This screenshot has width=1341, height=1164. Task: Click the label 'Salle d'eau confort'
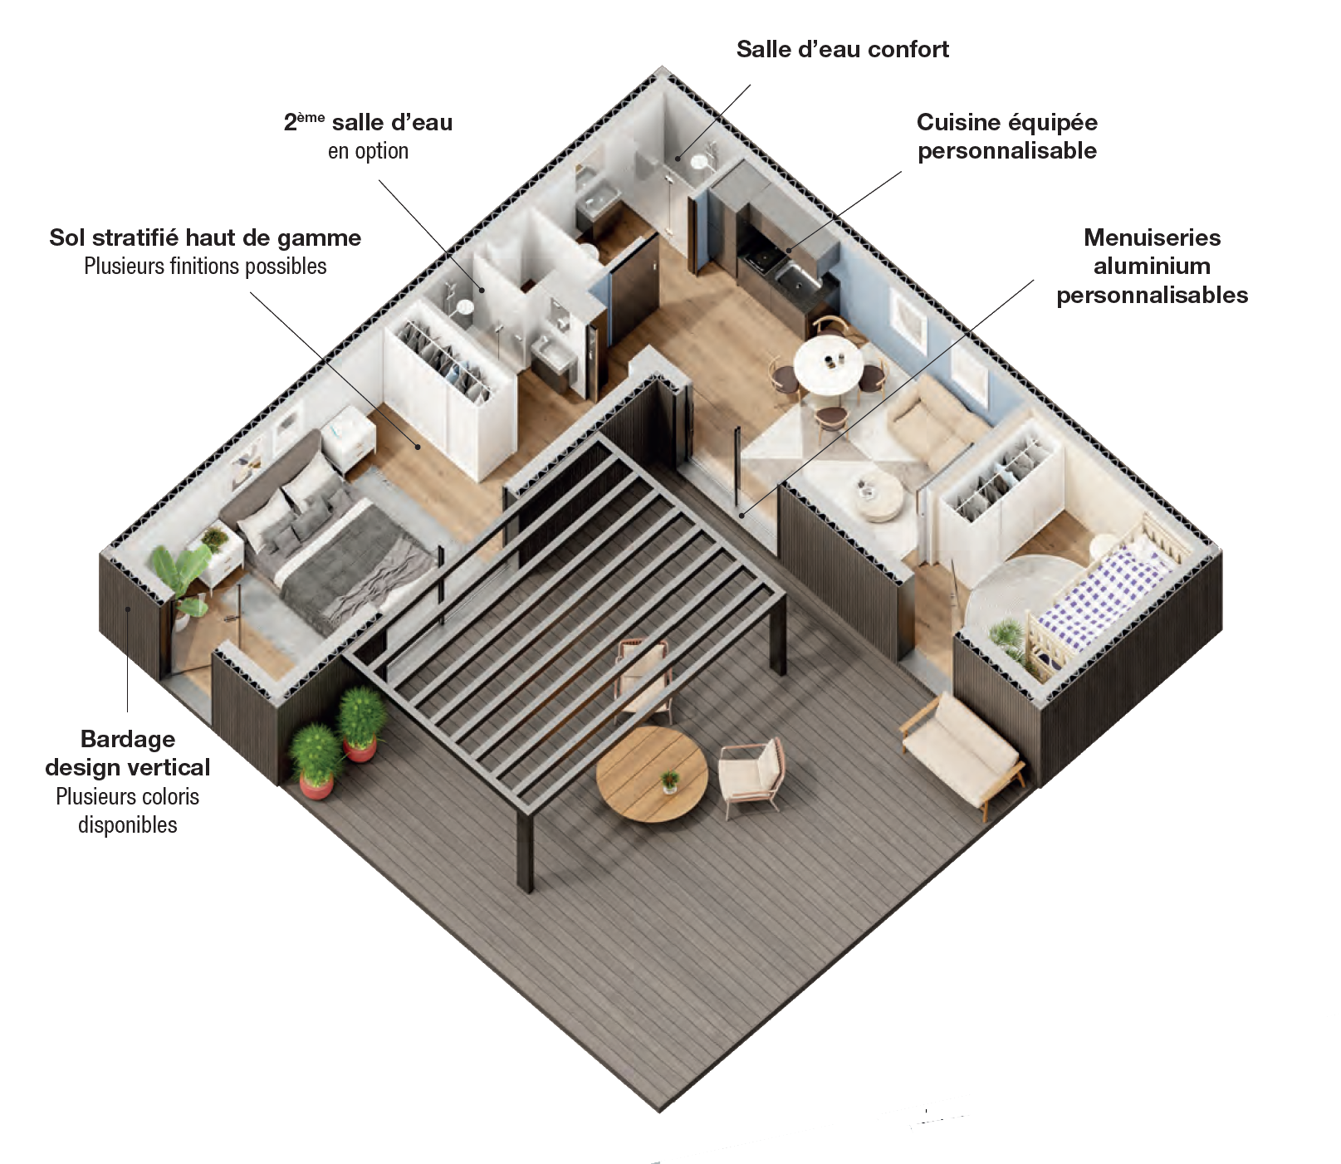click(x=842, y=50)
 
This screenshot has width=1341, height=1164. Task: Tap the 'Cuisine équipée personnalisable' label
click(x=1006, y=136)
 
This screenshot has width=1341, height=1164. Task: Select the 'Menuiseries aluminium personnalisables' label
click(x=1152, y=267)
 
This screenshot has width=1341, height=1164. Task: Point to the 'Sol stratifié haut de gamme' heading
click(x=205, y=238)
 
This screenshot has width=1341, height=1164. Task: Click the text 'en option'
click(x=368, y=151)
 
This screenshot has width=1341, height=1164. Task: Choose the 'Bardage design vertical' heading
click(x=128, y=753)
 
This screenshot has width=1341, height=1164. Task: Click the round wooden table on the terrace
click(x=652, y=775)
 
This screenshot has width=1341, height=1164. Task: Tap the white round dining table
click(x=828, y=364)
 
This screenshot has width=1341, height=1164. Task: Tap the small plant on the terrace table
click(x=669, y=780)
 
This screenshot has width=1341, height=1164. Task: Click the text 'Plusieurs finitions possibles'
click(x=205, y=267)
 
